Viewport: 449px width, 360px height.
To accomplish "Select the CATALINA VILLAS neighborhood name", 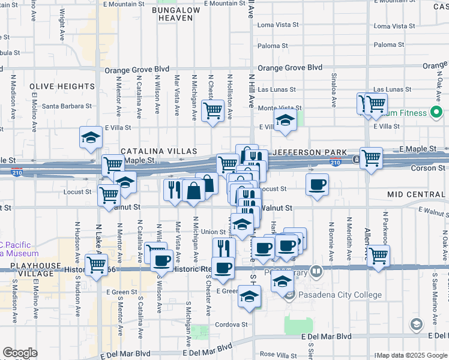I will pyautogui.click(x=159, y=151).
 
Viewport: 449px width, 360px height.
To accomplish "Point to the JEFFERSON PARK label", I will pyautogui.click(x=310, y=152).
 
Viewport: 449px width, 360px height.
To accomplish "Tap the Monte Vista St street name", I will pyautogui.click(x=279, y=108).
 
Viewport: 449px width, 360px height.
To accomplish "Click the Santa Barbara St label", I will pyautogui.click(x=67, y=106).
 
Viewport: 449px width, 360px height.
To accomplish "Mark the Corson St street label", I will pyautogui.click(x=427, y=169).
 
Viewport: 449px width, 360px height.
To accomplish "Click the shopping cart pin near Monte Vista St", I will pyautogui.click(x=212, y=110).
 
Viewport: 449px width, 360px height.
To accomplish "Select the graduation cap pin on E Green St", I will pyautogui.click(x=250, y=296).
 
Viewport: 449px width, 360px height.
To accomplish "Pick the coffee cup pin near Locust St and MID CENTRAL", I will pyautogui.click(x=317, y=184).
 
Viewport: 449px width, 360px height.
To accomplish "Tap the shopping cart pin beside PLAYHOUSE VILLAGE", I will pyautogui.click(x=96, y=264).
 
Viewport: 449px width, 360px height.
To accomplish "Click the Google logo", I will pyautogui.click(x=20, y=353).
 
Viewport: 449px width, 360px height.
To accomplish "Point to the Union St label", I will pyautogui.click(x=213, y=232).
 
